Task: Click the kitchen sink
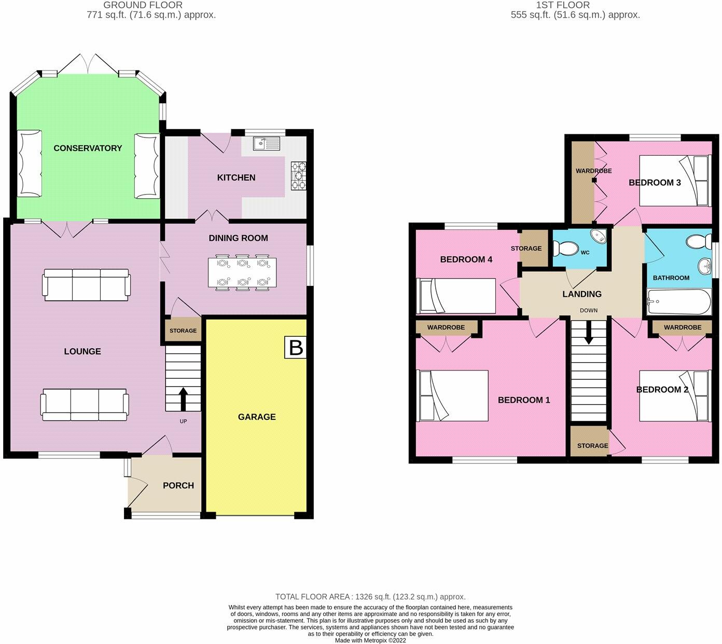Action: click(x=267, y=144)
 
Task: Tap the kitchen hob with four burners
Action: click(x=299, y=175)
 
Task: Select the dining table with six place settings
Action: click(x=242, y=272)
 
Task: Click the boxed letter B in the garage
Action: click(x=296, y=347)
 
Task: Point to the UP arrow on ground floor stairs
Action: click(x=183, y=399)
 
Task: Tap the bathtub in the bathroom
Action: click(x=679, y=302)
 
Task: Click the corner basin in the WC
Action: click(x=598, y=236)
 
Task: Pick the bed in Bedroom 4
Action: click(x=456, y=296)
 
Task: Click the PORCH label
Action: click(x=178, y=485)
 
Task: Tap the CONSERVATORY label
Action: click(x=88, y=148)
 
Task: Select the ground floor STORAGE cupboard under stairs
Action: click(x=183, y=331)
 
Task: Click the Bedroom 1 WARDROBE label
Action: click(x=446, y=327)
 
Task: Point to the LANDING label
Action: click(x=582, y=294)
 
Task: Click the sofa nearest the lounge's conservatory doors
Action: click(x=86, y=285)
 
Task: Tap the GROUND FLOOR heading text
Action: click(x=143, y=5)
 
